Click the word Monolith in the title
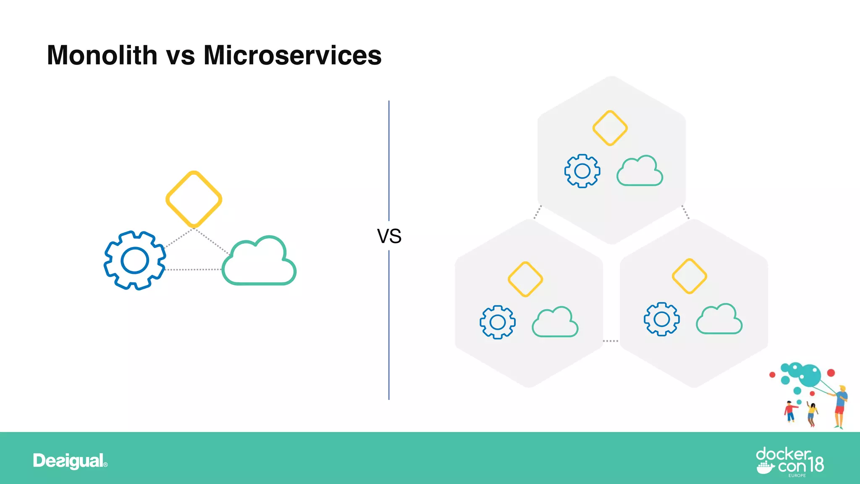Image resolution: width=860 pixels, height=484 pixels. pos(102,55)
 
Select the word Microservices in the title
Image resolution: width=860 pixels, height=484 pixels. pos(292,55)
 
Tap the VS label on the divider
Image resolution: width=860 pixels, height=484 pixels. pos(389,236)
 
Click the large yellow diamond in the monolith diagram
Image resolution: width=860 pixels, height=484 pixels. pos(194,199)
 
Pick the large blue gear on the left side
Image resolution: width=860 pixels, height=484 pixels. pos(135,260)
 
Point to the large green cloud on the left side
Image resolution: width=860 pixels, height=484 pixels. pos(259,263)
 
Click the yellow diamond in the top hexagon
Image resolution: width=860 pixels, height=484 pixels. pos(610,128)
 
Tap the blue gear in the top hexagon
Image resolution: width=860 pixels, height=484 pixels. pos(582,171)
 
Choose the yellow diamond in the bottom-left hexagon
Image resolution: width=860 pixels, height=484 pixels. pos(525,279)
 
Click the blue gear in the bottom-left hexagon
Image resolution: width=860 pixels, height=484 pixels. pos(498,322)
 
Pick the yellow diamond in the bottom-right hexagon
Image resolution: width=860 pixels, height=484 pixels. pos(690,276)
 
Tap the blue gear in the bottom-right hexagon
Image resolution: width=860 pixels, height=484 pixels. pos(662,319)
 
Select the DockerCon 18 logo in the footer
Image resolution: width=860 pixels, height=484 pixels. pos(789,462)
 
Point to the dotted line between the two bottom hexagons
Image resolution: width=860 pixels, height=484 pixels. pos(611,341)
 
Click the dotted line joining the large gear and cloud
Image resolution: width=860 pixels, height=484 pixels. pos(193,269)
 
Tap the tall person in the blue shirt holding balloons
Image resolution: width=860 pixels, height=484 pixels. pos(840,406)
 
